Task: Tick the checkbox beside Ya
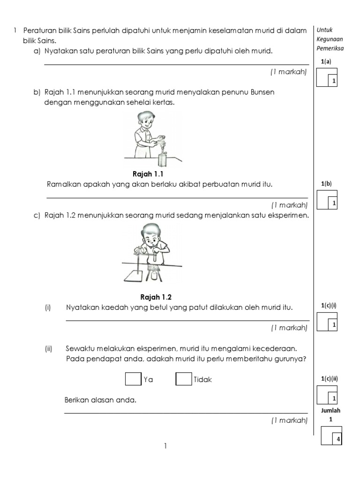click(x=133, y=378)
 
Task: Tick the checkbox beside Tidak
click(x=183, y=378)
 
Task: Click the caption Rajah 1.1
click(x=148, y=174)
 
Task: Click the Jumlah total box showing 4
click(x=331, y=435)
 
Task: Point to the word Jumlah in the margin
click(x=331, y=410)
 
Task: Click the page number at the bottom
click(x=165, y=446)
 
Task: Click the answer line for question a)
click(x=176, y=64)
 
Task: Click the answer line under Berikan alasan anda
click(x=186, y=413)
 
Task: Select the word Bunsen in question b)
click(x=263, y=92)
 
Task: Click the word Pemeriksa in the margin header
click(x=330, y=48)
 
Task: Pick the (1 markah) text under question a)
click(x=288, y=72)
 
